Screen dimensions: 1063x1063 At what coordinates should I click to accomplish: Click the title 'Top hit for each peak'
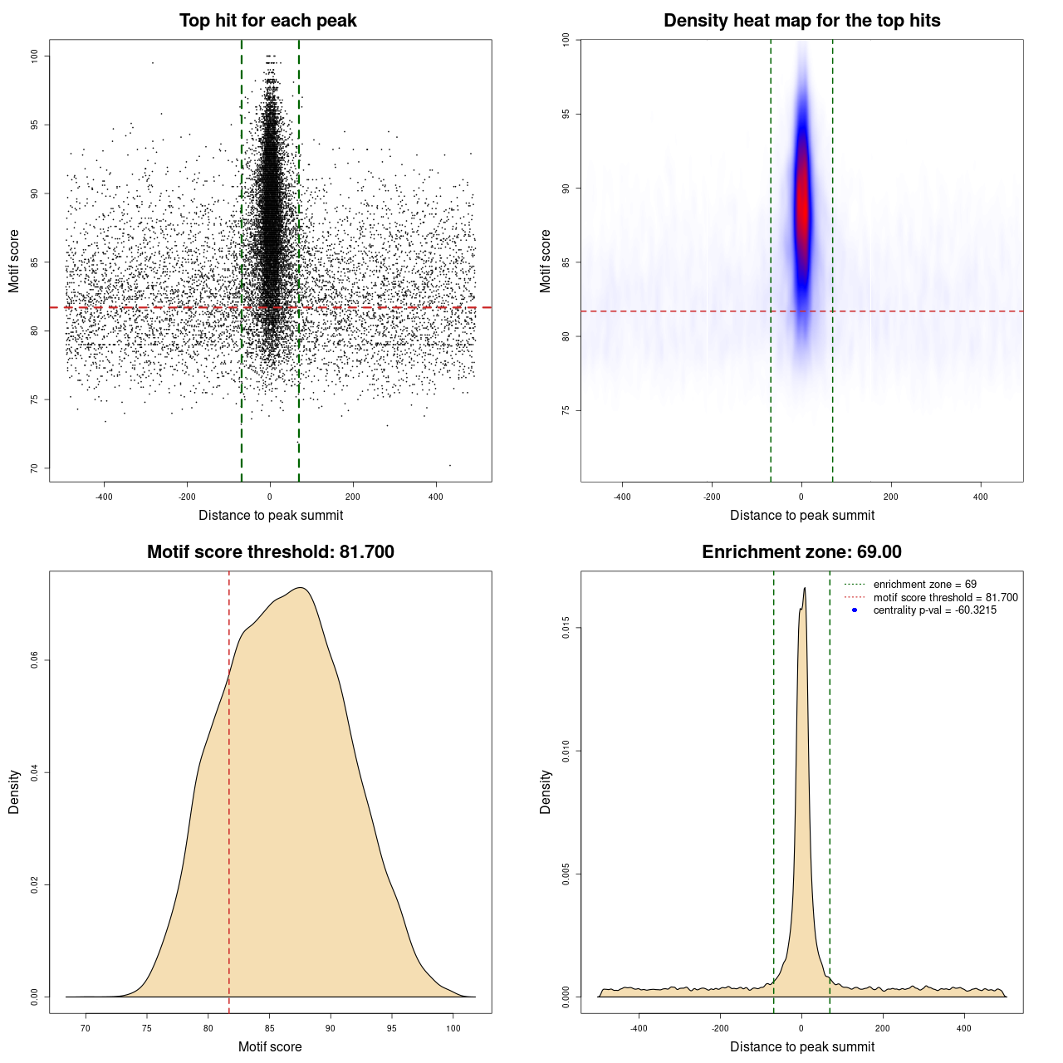pos(268,21)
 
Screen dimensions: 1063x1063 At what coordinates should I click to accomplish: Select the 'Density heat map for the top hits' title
pos(801,21)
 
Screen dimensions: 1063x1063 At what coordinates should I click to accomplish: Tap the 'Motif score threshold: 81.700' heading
pos(270,552)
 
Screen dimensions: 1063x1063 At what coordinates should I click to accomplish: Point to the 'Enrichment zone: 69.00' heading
pos(801,552)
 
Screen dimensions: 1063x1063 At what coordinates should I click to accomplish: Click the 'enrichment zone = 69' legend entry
pos(924,585)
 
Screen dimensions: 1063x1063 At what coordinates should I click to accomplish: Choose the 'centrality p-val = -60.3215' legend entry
pos(934,610)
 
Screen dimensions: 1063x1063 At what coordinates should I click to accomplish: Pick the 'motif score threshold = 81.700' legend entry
pos(945,598)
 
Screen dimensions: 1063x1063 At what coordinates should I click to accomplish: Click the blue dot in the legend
pos(855,610)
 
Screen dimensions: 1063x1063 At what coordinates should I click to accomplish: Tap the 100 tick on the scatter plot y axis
pos(34,56)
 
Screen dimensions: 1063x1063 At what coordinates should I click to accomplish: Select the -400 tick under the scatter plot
pos(104,497)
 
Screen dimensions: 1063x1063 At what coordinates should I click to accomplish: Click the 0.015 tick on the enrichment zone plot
pos(566,628)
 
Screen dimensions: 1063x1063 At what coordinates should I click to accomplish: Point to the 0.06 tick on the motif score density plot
pos(34,660)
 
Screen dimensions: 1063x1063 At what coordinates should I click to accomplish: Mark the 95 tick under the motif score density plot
pos(392,1029)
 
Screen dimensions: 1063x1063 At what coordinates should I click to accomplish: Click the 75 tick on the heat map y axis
pos(566,410)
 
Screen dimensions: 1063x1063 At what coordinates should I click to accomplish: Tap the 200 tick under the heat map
pos(891,497)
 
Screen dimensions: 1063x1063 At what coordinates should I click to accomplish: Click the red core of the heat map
pos(802,208)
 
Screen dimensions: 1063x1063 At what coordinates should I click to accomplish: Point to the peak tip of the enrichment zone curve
pos(805,589)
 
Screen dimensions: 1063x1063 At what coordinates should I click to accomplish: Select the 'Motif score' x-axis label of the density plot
pos(270,1046)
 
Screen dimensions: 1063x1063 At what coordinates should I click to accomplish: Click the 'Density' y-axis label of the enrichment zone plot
pos(546,791)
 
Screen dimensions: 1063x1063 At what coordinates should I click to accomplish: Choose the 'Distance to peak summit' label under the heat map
pos(801,515)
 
